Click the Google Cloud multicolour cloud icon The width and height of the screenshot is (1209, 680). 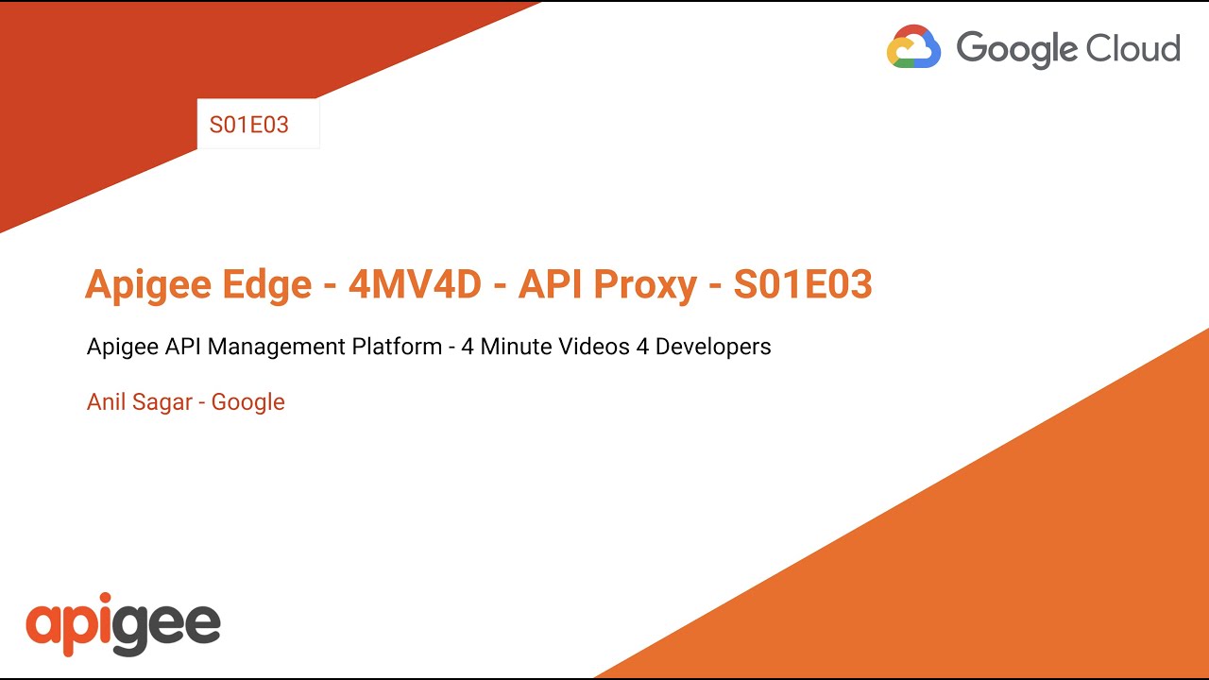tap(913, 46)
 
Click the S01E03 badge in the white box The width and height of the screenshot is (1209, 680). tap(249, 125)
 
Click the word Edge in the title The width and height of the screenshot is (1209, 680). tap(271, 283)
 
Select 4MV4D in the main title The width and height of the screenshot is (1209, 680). tap(415, 283)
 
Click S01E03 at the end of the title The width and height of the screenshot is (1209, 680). tap(803, 283)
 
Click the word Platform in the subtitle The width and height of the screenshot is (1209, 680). tap(397, 347)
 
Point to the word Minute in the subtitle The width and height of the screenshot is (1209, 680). tap(517, 347)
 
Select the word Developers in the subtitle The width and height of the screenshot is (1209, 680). tap(713, 348)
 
